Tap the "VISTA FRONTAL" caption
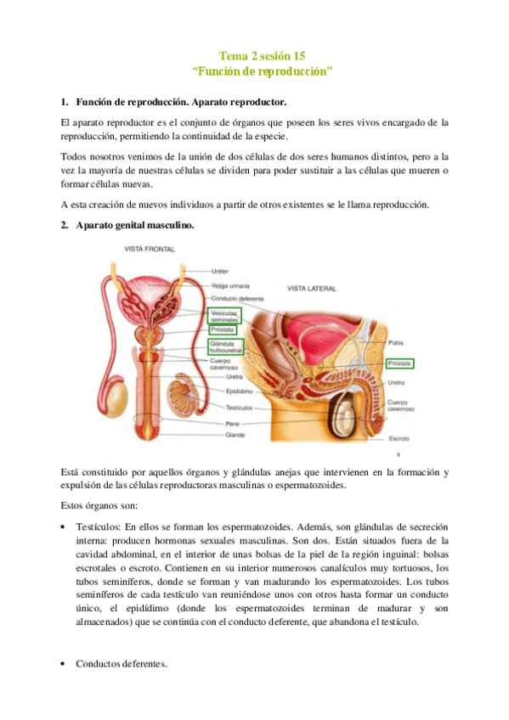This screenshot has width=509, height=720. (150, 249)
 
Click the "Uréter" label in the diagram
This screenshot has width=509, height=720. (220, 272)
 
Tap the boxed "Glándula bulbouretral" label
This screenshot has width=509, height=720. (225, 346)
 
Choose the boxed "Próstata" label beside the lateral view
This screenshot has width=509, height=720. (399, 363)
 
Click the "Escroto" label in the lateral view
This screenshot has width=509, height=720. (399, 439)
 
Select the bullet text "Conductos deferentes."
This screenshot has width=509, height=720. (121, 663)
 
